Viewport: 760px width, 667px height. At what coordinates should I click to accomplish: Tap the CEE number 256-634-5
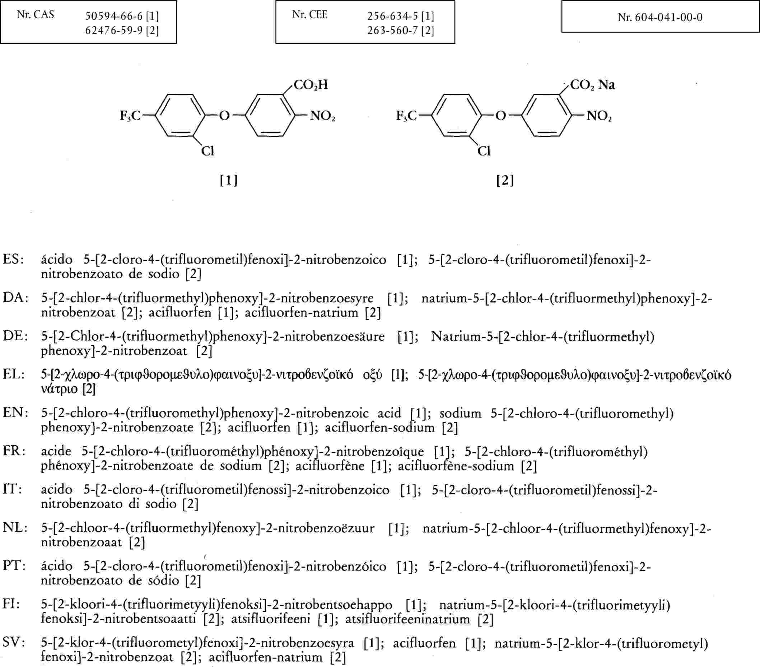[x=392, y=17]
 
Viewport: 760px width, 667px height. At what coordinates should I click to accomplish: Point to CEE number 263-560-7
[x=392, y=30]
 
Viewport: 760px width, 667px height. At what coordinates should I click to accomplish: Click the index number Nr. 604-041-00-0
[x=660, y=17]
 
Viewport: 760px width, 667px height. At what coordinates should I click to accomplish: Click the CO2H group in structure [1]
[x=311, y=85]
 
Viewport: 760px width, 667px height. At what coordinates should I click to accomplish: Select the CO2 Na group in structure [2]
[x=592, y=85]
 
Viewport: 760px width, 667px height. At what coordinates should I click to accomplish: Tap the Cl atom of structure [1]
[x=208, y=151]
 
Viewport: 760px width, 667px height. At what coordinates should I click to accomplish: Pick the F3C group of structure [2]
[x=406, y=116]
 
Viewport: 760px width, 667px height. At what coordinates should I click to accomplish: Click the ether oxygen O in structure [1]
[x=224, y=116]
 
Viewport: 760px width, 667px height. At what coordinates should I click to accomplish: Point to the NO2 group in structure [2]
[x=599, y=116]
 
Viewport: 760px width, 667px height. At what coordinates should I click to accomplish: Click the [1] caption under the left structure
[x=229, y=181]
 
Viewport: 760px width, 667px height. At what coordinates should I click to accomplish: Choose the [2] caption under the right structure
[x=505, y=181]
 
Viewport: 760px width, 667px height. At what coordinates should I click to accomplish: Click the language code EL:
[x=14, y=374]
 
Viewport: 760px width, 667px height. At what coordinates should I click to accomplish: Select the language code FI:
[x=11, y=604]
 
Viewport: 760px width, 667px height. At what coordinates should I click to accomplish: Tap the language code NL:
[x=15, y=528]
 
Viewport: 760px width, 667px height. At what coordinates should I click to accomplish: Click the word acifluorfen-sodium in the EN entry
[x=379, y=428]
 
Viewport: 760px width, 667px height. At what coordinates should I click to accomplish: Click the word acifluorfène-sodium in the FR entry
[x=456, y=466]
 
